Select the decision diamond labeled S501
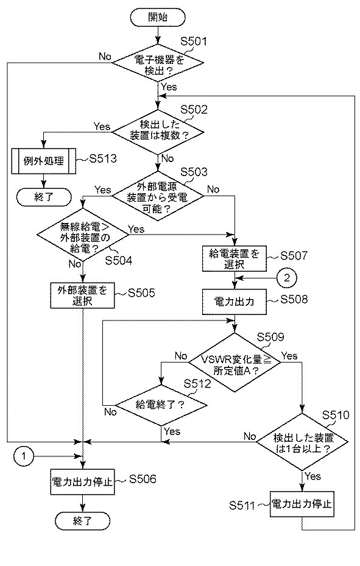click(159, 65)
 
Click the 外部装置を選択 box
click(82, 294)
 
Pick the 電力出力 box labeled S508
click(235, 301)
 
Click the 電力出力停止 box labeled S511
click(302, 504)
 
